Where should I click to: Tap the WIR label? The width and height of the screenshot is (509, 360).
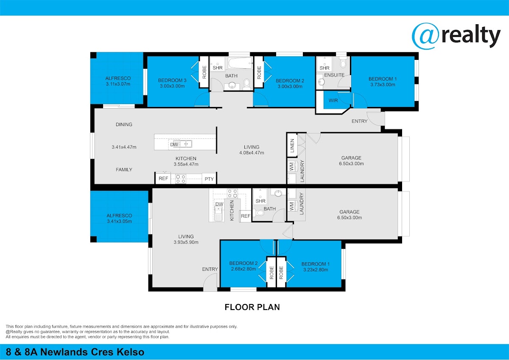333,100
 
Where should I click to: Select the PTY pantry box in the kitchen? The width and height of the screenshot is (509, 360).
209,179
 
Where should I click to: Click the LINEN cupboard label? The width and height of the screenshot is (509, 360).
292,146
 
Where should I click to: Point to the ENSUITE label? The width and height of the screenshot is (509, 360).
334,75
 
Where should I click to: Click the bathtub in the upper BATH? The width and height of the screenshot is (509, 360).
241,63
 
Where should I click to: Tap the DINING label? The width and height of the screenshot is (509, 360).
124,124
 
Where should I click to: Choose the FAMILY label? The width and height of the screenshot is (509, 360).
124,169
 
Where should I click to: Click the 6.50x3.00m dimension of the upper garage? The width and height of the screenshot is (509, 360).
351,163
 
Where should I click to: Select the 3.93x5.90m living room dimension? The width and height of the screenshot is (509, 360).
186,242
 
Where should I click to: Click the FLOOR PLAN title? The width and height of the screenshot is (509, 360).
252,307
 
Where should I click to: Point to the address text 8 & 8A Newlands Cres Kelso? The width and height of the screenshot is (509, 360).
75,352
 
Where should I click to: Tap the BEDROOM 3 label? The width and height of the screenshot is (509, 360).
172,80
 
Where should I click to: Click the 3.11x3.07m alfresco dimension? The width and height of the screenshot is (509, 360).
118,84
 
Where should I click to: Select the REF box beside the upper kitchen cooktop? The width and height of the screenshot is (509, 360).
163,178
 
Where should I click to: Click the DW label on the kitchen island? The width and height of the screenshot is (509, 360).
174,145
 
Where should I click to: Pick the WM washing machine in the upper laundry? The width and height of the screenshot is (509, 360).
292,167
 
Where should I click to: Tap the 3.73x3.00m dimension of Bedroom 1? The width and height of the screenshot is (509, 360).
383,84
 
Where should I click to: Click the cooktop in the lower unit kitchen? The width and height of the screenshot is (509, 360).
232,193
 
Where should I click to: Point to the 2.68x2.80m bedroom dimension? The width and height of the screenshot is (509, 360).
243,269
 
